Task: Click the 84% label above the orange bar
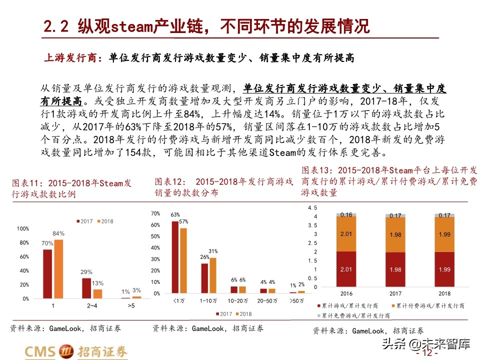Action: [58, 233]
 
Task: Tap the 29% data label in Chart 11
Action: [86, 272]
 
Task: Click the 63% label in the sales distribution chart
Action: [175, 215]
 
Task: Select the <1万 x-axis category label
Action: [179, 301]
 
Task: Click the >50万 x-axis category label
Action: [297, 301]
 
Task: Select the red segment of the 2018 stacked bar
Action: [444, 270]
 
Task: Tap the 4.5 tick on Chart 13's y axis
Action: [312, 207]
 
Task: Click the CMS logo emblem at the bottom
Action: [66, 351]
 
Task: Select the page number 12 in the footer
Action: [427, 353]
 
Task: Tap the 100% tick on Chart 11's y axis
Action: [23, 228]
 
